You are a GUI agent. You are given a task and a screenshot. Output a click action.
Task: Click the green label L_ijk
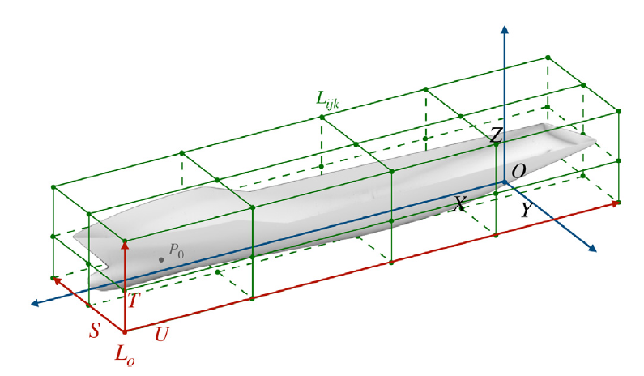(x=327, y=100)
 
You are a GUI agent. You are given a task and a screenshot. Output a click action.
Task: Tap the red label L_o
(x=125, y=355)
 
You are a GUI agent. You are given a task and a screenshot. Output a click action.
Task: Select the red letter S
(x=95, y=330)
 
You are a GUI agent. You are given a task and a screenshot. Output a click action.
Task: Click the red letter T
(x=134, y=301)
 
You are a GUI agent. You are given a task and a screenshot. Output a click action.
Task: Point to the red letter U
(x=162, y=334)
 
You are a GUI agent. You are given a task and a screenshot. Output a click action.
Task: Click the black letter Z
(x=497, y=135)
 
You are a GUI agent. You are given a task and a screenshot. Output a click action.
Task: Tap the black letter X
(x=460, y=203)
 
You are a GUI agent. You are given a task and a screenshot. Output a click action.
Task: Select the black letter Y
(x=527, y=210)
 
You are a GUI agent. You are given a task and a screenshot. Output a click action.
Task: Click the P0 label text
(x=177, y=250)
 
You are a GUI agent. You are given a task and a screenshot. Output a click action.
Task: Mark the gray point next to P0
(x=161, y=259)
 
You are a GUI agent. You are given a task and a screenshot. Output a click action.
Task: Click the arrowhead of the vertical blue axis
(x=505, y=29)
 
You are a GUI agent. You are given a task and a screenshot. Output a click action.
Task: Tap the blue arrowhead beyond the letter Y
(x=592, y=248)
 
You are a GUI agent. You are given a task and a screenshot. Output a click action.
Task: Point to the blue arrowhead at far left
(x=35, y=303)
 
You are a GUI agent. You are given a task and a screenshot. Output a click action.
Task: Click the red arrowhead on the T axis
(x=126, y=246)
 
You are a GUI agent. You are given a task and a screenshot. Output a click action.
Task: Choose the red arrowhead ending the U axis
(x=616, y=203)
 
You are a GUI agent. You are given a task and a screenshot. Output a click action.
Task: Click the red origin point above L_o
(x=126, y=331)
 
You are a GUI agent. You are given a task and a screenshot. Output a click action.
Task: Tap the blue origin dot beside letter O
(x=505, y=182)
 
